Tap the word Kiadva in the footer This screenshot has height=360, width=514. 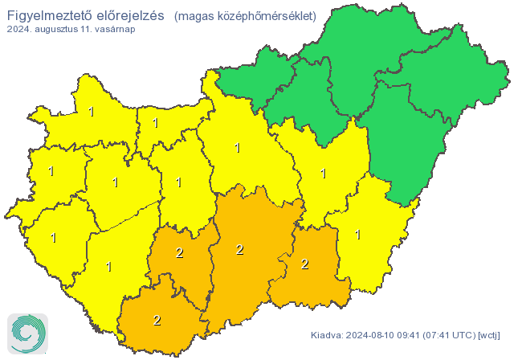coord(327,334)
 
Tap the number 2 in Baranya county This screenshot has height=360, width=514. coord(157,321)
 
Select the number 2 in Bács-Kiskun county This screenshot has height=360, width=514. coord(239,250)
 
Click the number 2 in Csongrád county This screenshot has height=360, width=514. coord(304,264)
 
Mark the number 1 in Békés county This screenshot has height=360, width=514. coord(357,235)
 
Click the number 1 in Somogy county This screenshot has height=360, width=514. coord(108,266)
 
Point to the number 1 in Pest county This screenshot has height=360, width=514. coord(237,148)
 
